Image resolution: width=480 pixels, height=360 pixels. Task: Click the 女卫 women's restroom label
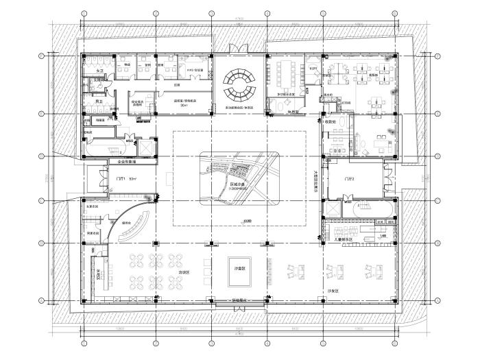point(99,71)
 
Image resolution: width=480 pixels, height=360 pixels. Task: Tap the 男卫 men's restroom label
point(99,101)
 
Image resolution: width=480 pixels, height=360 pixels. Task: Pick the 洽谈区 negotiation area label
point(182,272)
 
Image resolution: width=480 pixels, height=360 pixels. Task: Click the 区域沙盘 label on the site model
point(237,184)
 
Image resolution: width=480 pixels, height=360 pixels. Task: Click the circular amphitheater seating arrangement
point(240,84)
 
